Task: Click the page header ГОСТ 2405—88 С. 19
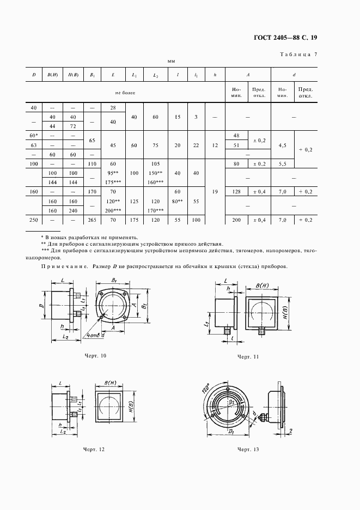pos(285,38)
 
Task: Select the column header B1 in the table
pos(92,75)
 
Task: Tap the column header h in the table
pos(215,75)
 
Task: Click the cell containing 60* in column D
pos(34,135)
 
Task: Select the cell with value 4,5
pos(282,145)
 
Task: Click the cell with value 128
pos(236,192)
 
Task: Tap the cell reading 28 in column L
pos(113,108)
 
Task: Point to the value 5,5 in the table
pos(282,163)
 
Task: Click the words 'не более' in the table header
pos(125,93)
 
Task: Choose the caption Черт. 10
pos(95,355)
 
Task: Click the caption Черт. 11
pos(248,356)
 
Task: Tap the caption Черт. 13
pos(248,450)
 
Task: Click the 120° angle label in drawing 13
pos(206,390)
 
